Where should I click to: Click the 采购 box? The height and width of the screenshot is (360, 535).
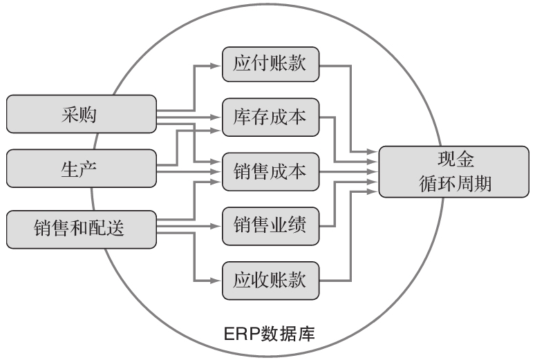(x=81, y=114)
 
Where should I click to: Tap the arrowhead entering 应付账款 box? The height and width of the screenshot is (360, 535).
(x=218, y=66)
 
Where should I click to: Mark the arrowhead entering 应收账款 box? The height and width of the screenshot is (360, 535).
(x=218, y=281)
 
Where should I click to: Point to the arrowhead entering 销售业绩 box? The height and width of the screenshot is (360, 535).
(x=218, y=225)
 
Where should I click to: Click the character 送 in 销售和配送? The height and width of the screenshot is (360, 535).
(x=117, y=227)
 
